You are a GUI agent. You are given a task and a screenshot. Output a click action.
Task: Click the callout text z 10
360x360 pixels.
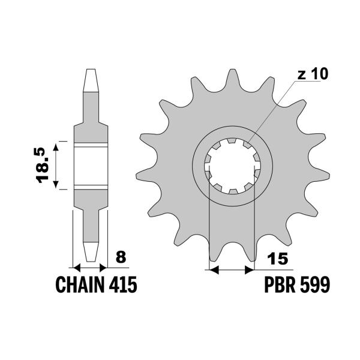point(313,75)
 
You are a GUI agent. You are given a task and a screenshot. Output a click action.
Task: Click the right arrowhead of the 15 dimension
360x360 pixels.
point(251,271)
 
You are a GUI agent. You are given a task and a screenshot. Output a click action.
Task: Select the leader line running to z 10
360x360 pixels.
point(276,112)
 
